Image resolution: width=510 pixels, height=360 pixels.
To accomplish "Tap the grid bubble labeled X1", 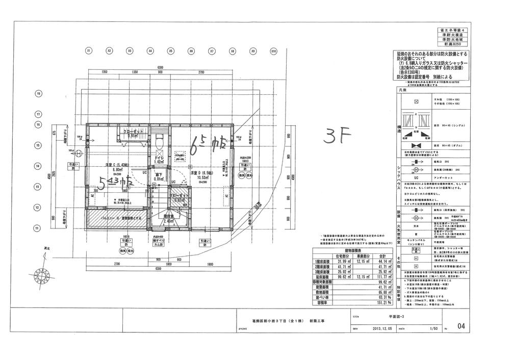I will click(88, 52).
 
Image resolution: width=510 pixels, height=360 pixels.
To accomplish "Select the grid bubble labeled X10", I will click(273, 52).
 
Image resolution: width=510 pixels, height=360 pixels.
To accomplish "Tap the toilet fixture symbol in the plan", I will click(158, 138).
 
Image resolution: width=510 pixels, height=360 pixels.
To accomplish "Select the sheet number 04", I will click(461, 326).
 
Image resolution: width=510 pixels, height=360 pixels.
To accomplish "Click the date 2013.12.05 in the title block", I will click(379, 328).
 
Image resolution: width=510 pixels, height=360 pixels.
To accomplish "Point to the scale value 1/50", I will click(434, 328).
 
